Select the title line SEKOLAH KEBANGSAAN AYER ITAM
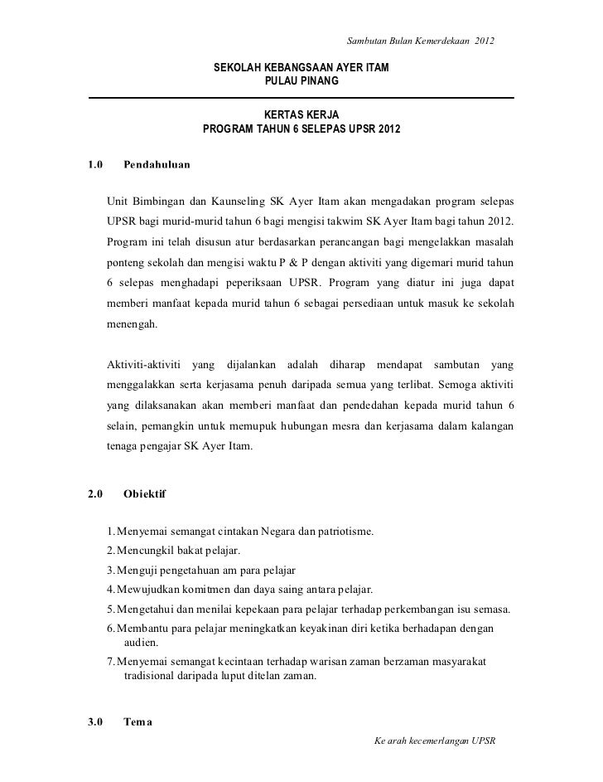(301, 66)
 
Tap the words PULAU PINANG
(301, 81)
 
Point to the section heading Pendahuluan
(157, 165)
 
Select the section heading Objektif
(144, 494)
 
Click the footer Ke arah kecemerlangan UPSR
(434, 739)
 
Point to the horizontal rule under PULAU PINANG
(301, 98)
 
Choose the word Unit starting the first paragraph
(119, 203)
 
